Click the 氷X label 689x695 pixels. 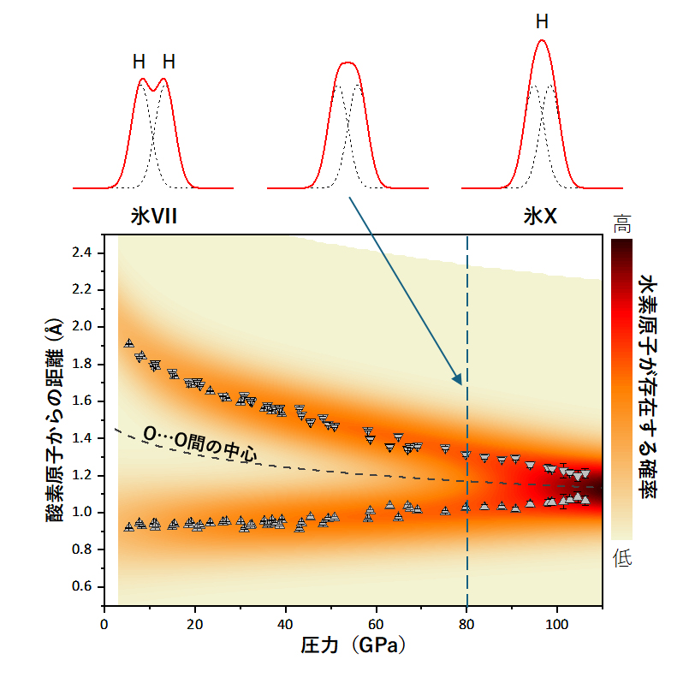pos(540,217)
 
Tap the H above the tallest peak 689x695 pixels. pos(542,22)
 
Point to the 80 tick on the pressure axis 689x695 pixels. pos(466,622)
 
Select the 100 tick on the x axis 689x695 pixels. pos(557,622)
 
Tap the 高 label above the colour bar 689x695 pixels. pos(621,225)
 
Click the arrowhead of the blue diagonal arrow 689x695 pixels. pos(459,382)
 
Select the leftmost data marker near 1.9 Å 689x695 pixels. pos(129,344)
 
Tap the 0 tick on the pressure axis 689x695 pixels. pos(104,622)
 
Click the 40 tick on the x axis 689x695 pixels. pos(285,622)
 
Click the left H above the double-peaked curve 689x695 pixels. pos(140,62)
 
